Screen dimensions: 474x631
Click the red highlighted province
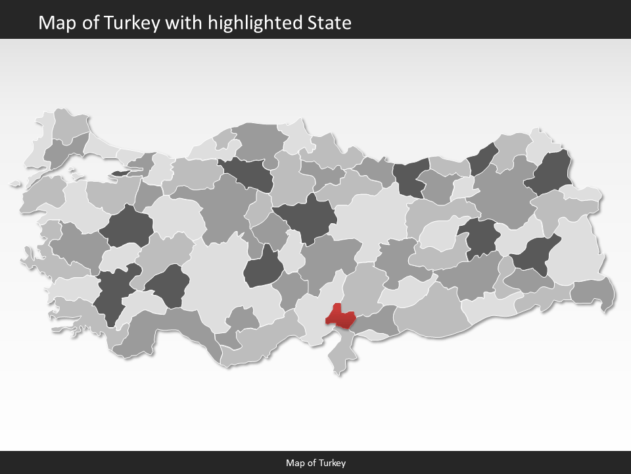point(342,316)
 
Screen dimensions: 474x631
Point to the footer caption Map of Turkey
point(315,463)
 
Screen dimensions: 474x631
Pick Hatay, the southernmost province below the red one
point(342,355)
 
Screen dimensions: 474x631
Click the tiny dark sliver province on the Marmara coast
point(122,173)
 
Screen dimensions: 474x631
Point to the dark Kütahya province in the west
point(126,227)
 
